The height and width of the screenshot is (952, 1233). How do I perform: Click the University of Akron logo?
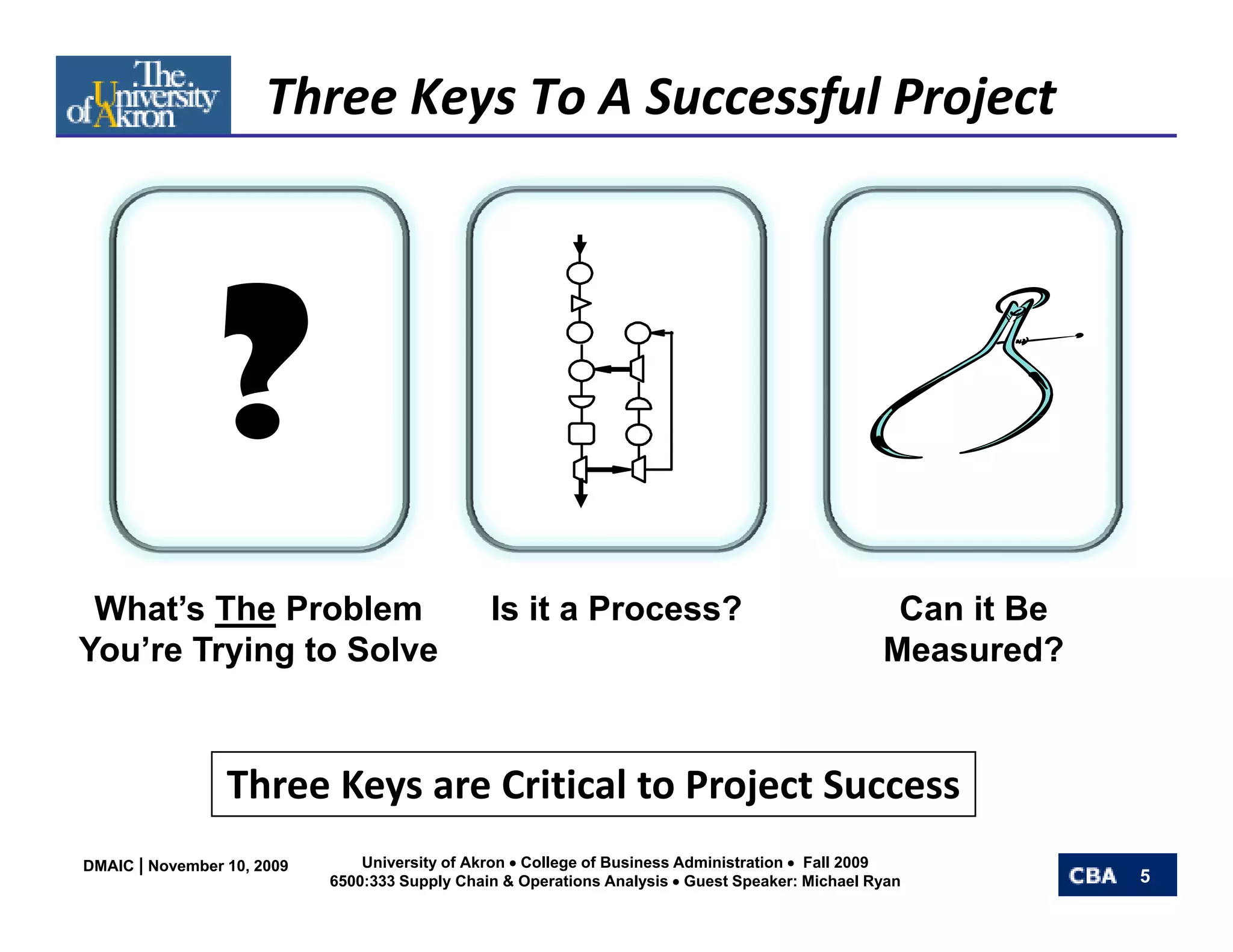143,95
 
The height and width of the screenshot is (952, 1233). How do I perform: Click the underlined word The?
245,609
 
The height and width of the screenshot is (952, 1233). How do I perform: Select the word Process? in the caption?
665,609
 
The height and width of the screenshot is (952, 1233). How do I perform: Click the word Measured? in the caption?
973,650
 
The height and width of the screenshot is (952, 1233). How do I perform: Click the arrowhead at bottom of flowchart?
580,499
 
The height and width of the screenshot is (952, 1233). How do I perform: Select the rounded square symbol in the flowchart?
581,433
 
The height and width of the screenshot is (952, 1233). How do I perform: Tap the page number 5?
1144,876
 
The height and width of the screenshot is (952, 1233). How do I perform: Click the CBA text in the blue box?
1092,876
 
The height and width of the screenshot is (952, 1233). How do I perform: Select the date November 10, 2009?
218,866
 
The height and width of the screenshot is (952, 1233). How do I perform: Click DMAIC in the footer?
108,866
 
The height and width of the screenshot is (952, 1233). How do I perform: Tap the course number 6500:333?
362,882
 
